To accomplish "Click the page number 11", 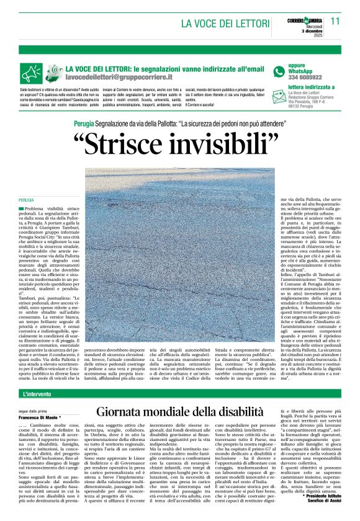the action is point(335,20).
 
